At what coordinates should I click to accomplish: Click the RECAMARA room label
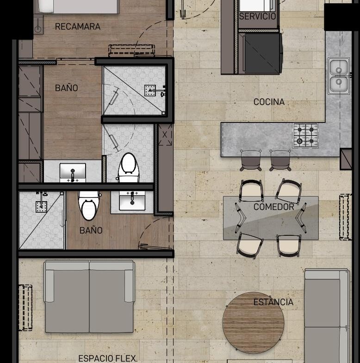click(78, 26)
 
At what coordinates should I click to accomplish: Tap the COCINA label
click(269, 102)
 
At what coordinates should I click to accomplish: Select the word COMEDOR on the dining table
click(274, 207)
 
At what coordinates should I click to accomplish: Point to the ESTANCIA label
click(273, 302)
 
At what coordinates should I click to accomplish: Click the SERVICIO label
click(257, 16)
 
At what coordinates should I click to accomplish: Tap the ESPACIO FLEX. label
click(108, 358)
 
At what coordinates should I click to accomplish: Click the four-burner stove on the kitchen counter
click(305, 135)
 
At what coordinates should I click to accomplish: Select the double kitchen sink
click(339, 76)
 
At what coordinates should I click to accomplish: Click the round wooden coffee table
click(253, 323)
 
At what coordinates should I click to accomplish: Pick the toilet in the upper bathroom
click(129, 167)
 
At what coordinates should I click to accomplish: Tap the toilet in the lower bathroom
click(89, 205)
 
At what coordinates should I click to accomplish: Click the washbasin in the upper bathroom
click(73, 172)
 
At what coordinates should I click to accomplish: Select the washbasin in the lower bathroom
click(132, 201)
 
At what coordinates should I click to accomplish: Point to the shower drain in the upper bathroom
click(150, 91)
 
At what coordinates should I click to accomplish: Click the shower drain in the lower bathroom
click(41, 207)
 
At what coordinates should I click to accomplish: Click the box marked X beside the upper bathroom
click(165, 135)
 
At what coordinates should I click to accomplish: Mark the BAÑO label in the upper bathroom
click(66, 88)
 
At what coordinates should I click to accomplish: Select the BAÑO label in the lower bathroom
click(91, 230)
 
